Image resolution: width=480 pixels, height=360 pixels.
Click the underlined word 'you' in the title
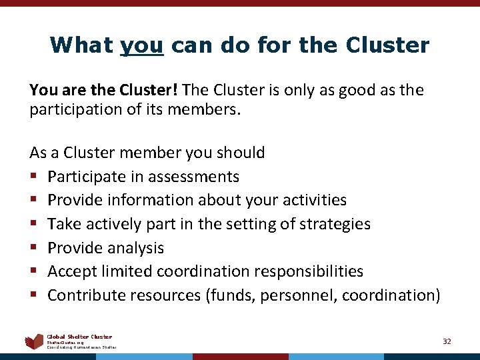pos(142,46)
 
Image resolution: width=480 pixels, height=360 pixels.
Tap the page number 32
pos(447,341)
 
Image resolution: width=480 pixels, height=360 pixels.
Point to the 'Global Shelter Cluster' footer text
pos(79,337)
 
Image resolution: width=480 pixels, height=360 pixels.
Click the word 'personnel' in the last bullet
pos(303,295)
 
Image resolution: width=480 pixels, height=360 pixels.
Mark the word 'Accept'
pos(73,271)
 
